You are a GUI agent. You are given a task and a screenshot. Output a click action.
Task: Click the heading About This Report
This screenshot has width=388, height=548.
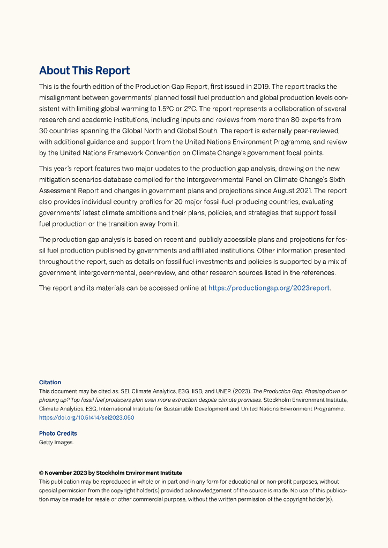coord(84,71)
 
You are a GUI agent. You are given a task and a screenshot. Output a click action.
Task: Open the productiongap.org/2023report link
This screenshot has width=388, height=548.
coord(269,288)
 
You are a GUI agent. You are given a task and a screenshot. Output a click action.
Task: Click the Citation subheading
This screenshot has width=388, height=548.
coord(50,383)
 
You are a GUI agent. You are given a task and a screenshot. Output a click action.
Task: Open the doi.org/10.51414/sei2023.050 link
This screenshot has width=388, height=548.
coord(86,417)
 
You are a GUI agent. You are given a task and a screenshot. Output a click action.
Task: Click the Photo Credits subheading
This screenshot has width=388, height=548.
coord(58,433)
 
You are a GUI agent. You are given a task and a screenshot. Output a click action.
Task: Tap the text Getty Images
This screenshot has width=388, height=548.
coord(56,443)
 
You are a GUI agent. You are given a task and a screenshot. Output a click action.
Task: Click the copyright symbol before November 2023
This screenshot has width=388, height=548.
coord(41,473)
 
